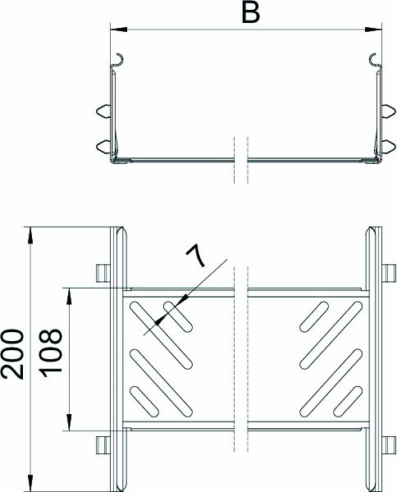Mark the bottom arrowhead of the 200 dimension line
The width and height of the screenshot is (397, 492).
(30, 480)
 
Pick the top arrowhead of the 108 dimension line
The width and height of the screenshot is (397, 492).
(70, 293)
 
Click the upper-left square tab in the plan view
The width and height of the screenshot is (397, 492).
(102, 271)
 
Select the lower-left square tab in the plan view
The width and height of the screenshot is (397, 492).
(102, 444)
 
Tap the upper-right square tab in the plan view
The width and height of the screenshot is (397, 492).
(389, 271)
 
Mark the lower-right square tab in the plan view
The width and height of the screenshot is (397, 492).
(389, 444)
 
